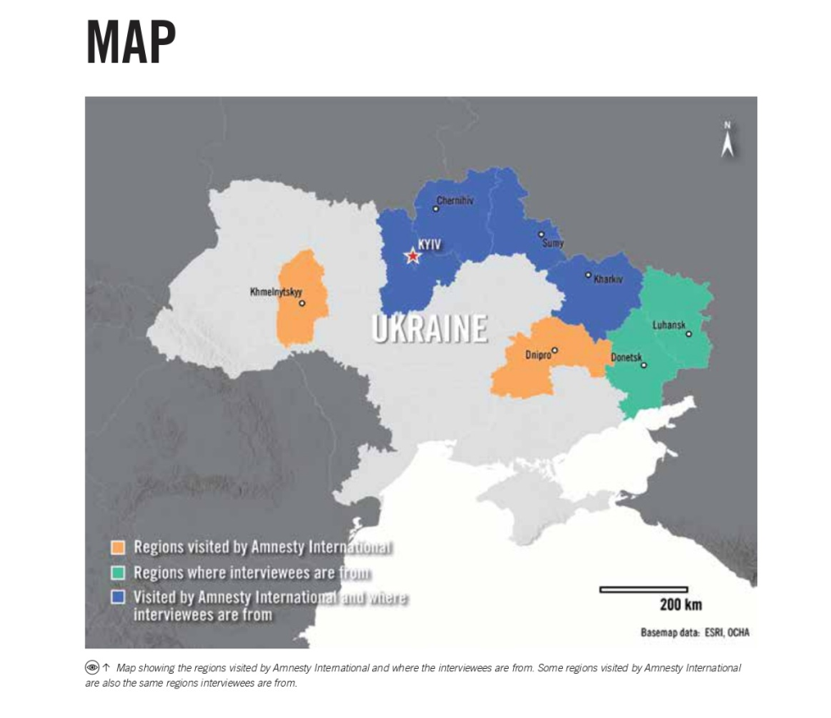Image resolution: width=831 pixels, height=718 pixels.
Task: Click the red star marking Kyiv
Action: (x=412, y=256)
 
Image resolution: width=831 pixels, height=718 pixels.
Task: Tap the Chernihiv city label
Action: (x=455, y=201)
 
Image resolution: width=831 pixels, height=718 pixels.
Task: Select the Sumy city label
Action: (x=552, y=242)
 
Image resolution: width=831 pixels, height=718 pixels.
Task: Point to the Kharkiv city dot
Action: (x=588, y=274)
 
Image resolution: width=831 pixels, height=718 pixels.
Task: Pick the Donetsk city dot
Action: (x=644, y=365)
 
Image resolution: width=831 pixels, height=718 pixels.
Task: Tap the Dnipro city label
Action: (x=538, y=355)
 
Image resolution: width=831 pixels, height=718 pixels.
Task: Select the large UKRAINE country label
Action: (x=429, y=328)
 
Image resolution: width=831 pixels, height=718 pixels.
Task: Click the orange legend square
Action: (x=119, y=547)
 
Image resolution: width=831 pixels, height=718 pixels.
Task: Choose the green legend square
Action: (x=119, y=572)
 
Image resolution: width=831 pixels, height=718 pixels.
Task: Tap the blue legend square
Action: (x=119, y=597)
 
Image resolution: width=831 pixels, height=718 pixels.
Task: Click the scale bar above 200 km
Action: (x=643, y=589)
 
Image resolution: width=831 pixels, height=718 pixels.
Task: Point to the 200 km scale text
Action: (x=681, y=604)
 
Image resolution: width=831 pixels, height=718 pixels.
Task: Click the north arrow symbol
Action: (x=727, y=142)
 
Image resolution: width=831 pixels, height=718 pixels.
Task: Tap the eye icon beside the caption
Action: (x=92, y=668)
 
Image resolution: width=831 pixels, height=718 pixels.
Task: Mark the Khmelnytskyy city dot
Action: (x=301, y=303)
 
